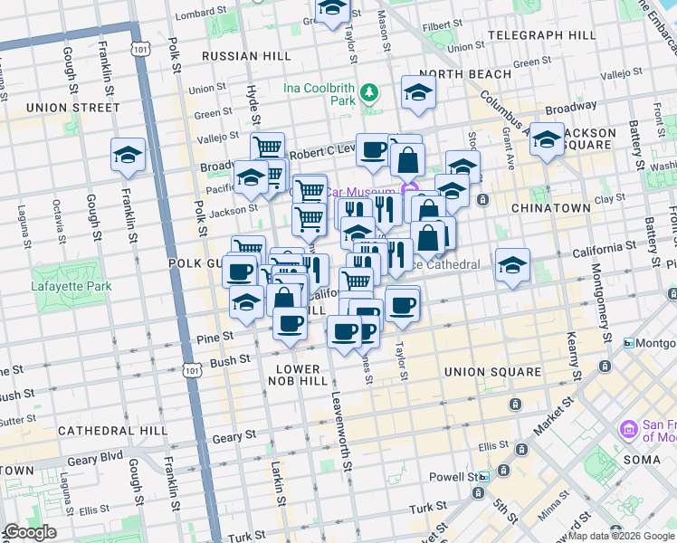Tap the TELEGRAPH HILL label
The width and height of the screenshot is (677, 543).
pyautogui.click(x=541, y=35)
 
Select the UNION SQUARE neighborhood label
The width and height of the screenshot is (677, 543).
pyautogui.click(x=492, y=372)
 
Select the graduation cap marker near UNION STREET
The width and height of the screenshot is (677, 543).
pyautogui.click(x=128, y=154)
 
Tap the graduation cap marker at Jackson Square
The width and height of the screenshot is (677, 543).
pyautogui.click(x=547, y=139)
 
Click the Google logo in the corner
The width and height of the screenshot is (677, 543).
pyautogui.click(x=29, y=532)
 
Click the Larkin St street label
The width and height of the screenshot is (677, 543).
pyautogui.click(x=280, y=485)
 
